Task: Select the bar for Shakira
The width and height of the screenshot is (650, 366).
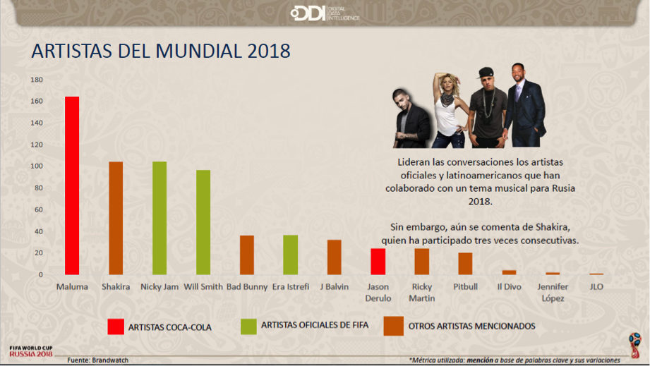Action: (x=116, y=218)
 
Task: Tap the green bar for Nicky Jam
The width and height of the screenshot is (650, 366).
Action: (x=160, y=218)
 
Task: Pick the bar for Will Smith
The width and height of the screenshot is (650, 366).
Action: (x=203, y=222)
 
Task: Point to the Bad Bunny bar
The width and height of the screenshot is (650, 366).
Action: (x=247, y=255)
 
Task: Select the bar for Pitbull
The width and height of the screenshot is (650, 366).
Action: (x=465, y=263)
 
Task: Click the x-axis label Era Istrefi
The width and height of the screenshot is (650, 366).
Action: (x=291, y=287)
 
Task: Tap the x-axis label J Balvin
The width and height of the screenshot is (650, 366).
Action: (x=334, y=287)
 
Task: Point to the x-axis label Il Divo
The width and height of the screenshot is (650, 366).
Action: (x=509, y=287)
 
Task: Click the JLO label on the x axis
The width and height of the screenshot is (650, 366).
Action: (x=596, y=287)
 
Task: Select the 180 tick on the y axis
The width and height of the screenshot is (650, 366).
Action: (x=37, y=80)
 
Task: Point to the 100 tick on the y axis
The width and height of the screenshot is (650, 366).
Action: (x=37, y=166)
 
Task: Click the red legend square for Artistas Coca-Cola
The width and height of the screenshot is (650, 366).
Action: (x=116, y=327)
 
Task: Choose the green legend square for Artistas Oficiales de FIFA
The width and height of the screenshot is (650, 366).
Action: (x=248, y=326)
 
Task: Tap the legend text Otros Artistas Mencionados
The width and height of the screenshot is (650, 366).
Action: (x=471, y=326)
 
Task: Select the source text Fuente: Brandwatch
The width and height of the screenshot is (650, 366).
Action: (x=97, y=360)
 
